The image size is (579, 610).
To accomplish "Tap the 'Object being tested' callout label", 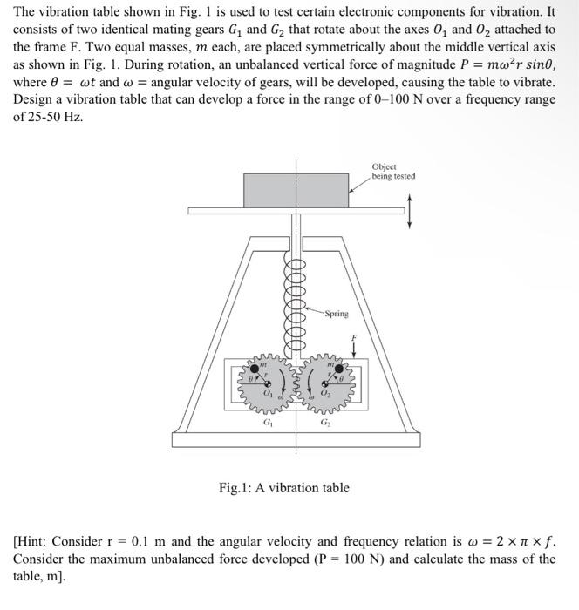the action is click(x=393, y=171).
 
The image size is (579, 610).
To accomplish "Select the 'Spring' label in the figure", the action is click(x=337, y=314).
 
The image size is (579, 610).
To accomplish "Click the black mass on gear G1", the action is click(x=255, y=369).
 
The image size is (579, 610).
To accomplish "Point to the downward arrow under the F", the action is click(x=353, y=350).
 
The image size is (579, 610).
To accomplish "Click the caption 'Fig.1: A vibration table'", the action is click(x=283, y=487).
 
